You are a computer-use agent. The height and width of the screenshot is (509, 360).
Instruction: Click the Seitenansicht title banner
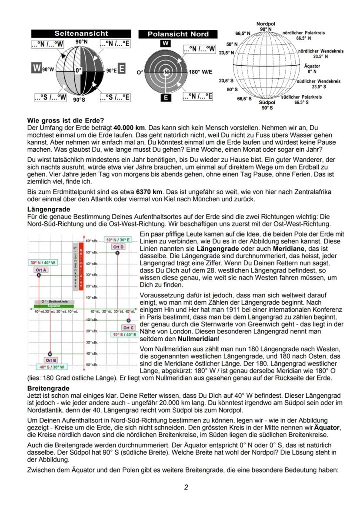pyautogui.click(x=81, y=33)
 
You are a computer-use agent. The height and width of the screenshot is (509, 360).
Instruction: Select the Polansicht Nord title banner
pyautogui.click(x=178, y=34)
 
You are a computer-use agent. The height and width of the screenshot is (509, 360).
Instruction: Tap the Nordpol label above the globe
pyautogui.click(x=266, y=24)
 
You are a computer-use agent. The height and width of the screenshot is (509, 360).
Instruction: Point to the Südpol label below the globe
pyautogui.click(x=267, y=103)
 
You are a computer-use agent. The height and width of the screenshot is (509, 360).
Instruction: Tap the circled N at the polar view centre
pyautogui.click(x=166, y=72)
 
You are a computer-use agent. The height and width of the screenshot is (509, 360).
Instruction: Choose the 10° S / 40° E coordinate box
pyautogui.click(x=124, y=335)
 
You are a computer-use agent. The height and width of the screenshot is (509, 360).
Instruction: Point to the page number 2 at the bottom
pyautogui.click(x=186, y=487)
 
